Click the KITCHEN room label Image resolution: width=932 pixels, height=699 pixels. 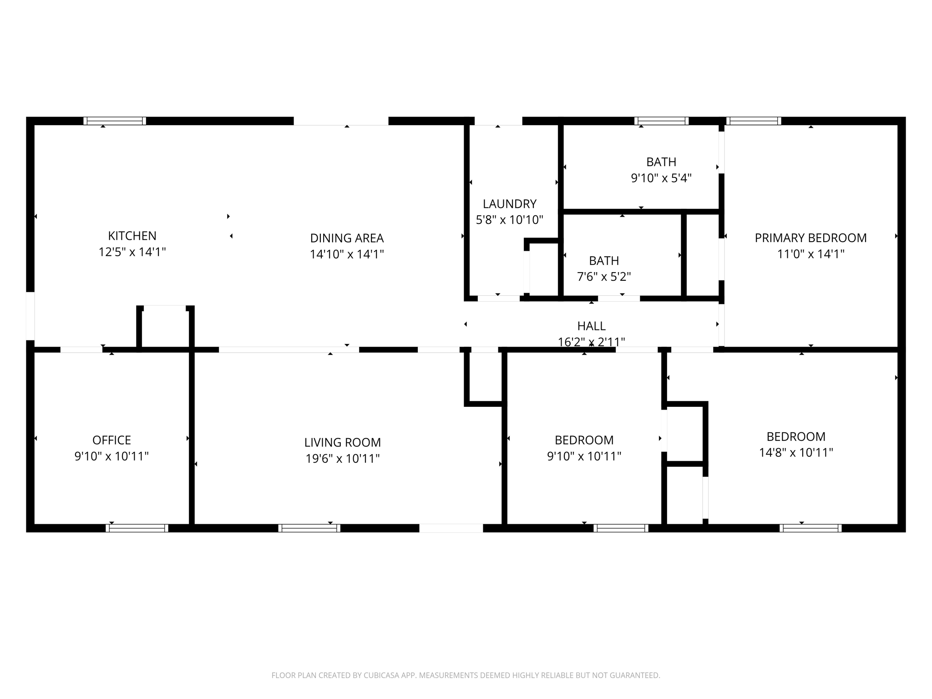(132, 236)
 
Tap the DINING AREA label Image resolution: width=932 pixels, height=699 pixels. (347, 238)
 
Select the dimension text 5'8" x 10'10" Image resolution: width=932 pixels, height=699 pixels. (509, 220)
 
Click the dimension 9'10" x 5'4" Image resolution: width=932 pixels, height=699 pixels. (661, 178)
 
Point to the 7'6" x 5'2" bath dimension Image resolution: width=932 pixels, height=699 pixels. (603, 277)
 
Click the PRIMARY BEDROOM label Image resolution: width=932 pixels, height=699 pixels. (810, 238)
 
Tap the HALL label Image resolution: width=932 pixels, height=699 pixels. (591, 326)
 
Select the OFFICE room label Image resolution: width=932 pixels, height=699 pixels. (111, 440)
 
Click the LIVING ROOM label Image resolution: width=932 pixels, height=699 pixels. (342, 442)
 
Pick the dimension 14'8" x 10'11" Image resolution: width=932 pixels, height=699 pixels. (795, 452)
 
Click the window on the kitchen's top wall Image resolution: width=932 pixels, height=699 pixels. (115, 121)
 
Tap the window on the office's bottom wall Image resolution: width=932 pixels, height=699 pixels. (137, 528)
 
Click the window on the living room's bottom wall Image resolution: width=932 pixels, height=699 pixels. (309, 528)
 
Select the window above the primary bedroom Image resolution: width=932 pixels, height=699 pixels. (754, 121)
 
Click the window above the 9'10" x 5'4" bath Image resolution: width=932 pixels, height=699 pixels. (661, 121)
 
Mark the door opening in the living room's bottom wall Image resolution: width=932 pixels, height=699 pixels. (451, 528)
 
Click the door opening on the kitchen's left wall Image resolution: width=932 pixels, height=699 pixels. (30, 316)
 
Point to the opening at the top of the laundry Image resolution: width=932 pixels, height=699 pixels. (498, 121)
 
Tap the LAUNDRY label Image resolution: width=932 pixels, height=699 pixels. (509, 204)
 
